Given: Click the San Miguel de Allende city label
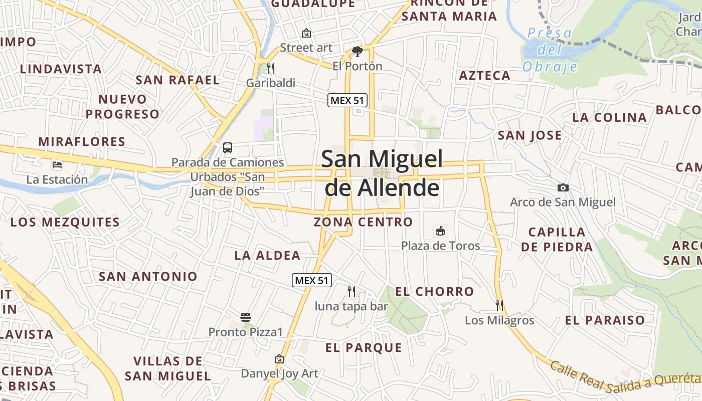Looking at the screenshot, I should pyautogui.click(x=382, y=173).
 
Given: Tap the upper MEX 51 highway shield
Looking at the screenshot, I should pyautogui.click(x=347, y=100).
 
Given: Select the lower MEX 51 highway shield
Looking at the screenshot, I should pyautogui.click(x=312, y=280).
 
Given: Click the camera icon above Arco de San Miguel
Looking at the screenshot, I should pyautogui.click(x=563, y=188).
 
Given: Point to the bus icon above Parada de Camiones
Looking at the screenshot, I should pyautogui.click(x=228, y=148).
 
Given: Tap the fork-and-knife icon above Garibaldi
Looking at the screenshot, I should pyautogui.click(x=270, y=68).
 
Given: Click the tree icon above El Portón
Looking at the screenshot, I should pyautogui.click(x=357, y=51).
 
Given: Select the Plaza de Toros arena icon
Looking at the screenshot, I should pyautogui.click(x=440, y=231).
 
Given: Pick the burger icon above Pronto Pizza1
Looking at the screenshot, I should pyautogui.click(x=246, y=317).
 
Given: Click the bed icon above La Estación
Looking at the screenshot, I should pyautogui.click(x=57, y=164).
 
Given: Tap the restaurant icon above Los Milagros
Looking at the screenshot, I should pyautogui.click(x=499, y=305).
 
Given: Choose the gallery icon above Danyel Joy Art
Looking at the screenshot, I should pyautogui.click(x=279, y=359).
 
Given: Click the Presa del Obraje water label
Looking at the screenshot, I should pyautogui.click(x=550, y=50).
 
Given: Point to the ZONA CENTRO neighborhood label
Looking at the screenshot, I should pyautogui.click(x=363, y=222).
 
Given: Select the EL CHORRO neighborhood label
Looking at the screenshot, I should pyautogui.click(x=434, y=291).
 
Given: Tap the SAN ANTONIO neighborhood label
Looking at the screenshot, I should pyautogui.click(x=148, y=276).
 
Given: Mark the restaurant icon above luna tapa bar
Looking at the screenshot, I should pyautogui.click(x=352, y=291).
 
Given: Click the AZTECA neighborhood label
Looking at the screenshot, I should pyautogui.click(x=485, y=76).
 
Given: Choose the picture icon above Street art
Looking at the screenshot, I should pyautogui.click(x=306, y=34).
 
